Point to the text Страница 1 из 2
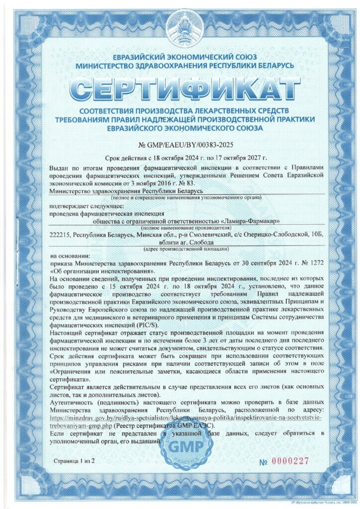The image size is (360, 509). (x=74, y=461)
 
